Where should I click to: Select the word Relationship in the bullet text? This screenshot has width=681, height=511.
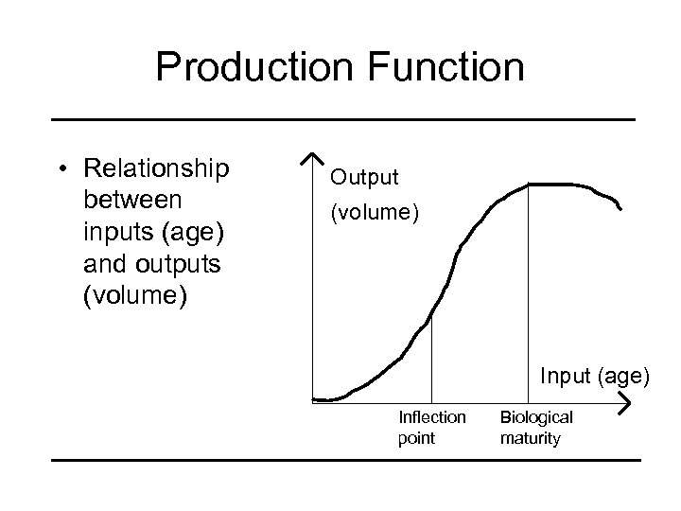[x=156, y=169]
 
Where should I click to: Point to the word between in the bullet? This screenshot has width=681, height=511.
[x=135, y=201]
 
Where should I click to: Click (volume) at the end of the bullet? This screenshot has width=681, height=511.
[x=136, y=296]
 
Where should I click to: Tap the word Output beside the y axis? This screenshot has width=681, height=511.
[x=364, y=177]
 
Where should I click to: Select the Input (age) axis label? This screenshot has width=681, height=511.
[x=595, y=377]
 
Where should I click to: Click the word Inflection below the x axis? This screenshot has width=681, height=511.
[x=432, y=417]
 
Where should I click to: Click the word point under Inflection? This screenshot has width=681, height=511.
[x=417, y=438]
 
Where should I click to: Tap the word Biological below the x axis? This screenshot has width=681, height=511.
[x=536, y=417]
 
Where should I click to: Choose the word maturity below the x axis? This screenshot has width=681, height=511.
[x=531, y=438]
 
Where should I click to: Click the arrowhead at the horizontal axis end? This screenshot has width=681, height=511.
[x=625, y=404]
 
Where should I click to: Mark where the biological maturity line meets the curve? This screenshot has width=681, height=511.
[x=527, y=186]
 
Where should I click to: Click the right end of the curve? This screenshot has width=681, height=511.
[x=620, y=209]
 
